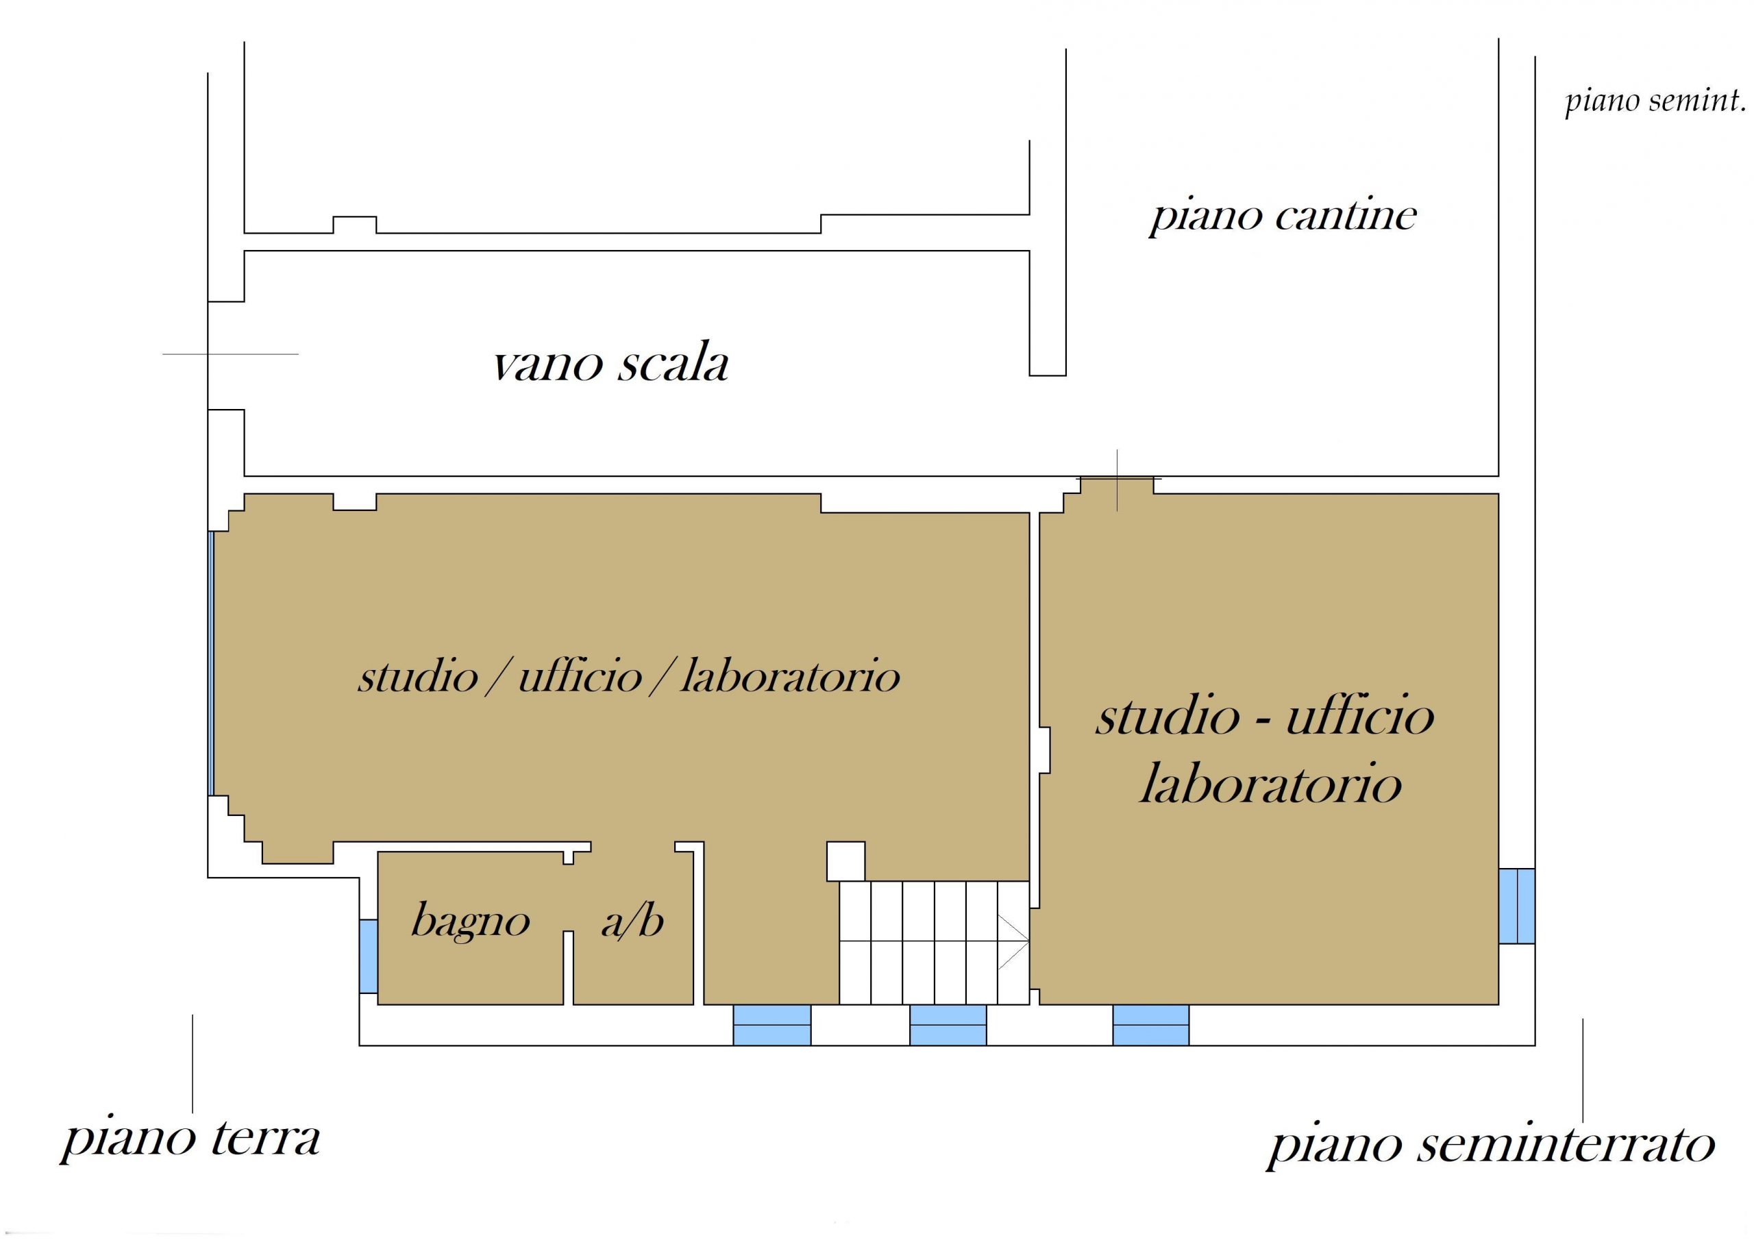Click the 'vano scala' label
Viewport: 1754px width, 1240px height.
pos(610,364)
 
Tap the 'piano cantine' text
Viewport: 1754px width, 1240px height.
pos(1283,217)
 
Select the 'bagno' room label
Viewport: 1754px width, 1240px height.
pos(471,921)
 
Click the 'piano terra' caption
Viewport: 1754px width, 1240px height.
pos(190,1139)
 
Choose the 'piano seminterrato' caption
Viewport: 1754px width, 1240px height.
pos(1490,1143)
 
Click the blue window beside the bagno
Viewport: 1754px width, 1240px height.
pos(368,956)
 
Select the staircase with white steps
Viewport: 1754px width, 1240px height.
pos(935,943)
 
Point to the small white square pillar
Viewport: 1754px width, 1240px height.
pos(845,861)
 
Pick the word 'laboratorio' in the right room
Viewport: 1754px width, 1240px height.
pos(1270,784)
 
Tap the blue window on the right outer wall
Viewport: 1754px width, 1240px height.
pos(1516,906)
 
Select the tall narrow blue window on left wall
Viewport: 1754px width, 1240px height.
pos(211,663)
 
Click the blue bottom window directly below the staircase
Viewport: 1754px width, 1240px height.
pos(948,1025)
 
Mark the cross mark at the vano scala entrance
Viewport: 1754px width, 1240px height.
pos(208,354)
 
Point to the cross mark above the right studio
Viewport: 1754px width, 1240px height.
pos(1117,480)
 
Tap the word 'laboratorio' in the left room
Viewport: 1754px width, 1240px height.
pos(790,675)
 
